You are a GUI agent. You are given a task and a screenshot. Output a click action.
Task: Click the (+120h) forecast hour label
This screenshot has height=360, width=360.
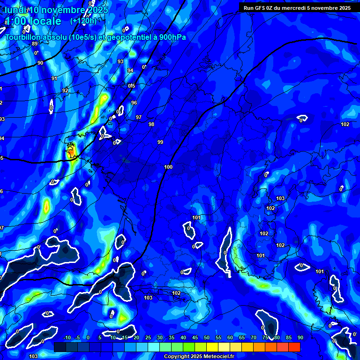pos(83,21)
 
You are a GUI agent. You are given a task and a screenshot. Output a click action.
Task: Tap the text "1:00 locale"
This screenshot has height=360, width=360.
pos(33,21)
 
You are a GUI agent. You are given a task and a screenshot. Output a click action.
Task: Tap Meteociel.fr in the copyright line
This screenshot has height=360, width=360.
pos(212,357)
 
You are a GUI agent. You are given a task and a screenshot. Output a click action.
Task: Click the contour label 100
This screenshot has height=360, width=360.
pos(168,167)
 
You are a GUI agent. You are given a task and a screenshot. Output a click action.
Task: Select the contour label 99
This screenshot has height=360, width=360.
pos(160,142)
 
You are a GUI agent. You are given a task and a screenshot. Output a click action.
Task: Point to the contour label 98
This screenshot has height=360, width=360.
pos(151,124)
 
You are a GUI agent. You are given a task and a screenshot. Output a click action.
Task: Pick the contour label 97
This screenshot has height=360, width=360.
pos(138,117)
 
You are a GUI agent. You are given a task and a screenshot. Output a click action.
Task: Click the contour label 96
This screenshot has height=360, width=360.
pos(134,103)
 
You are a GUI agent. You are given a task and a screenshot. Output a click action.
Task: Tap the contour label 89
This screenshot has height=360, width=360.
pos(34,44)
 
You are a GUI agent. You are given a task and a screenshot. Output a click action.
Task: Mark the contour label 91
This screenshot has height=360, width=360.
pos(54,78)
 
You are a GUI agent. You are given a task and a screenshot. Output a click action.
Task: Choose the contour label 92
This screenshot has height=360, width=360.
pos(65,90)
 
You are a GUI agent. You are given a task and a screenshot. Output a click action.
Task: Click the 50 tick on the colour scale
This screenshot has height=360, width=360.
pos(207,338)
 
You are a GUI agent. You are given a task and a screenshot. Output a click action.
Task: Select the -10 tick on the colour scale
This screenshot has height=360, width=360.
pos(67,338)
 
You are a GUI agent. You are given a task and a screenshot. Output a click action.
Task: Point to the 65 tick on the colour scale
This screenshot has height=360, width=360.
pos(242,338)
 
